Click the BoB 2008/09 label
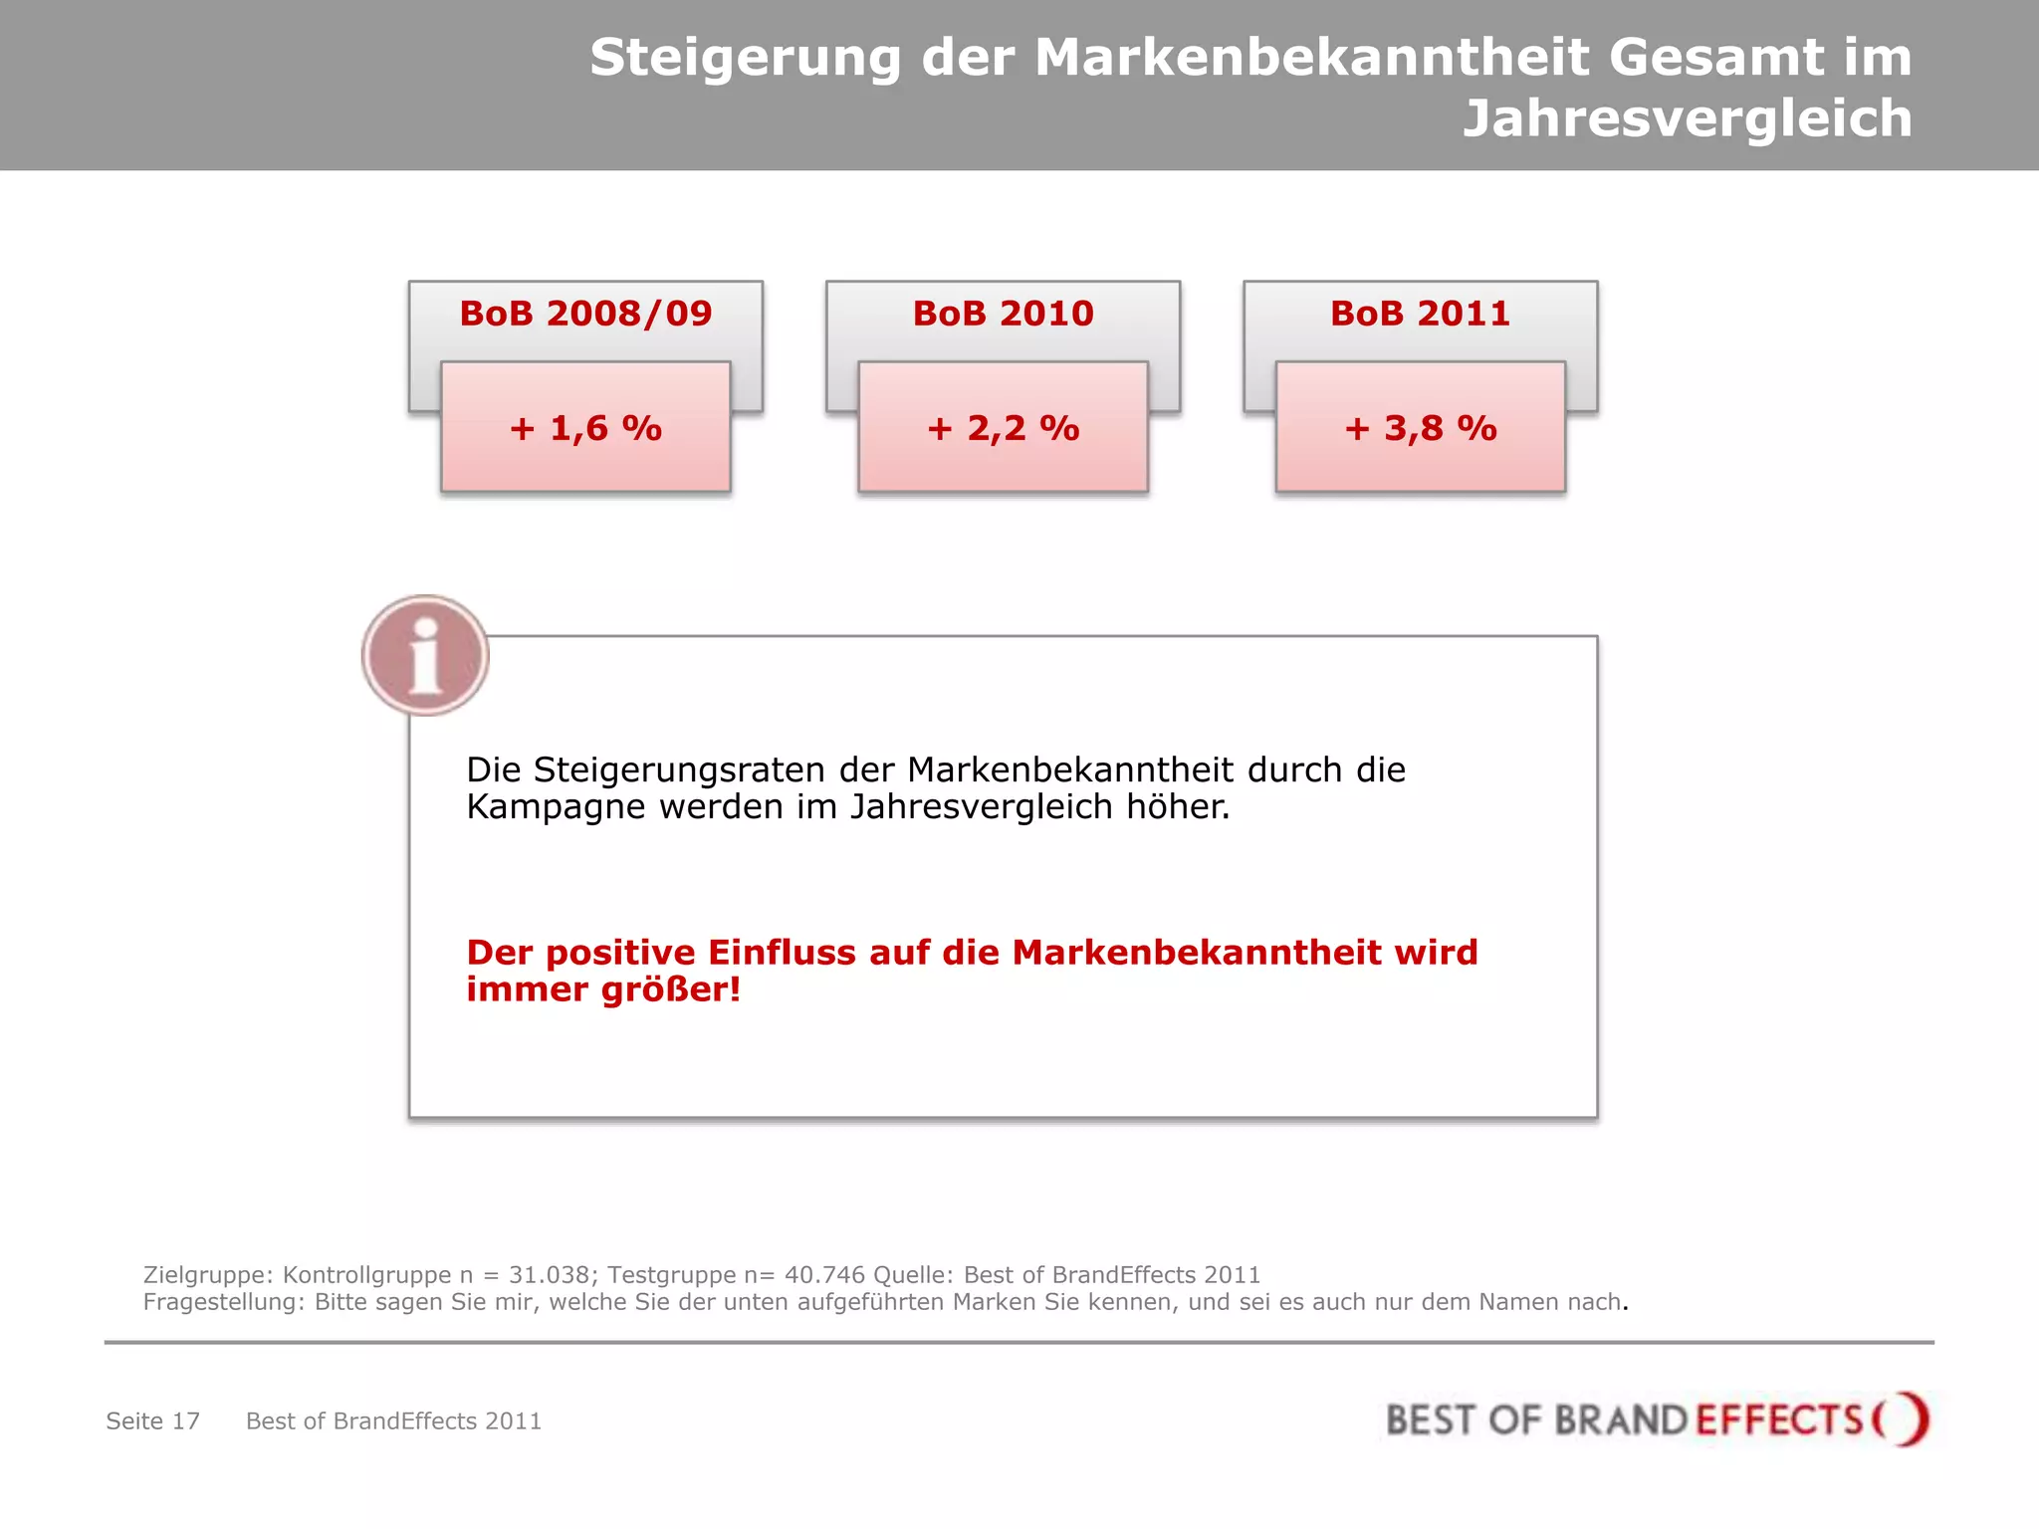(585, 314)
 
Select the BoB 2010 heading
(1003, 314)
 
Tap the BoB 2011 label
(1420, 314)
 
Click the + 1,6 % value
(585, 428)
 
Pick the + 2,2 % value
(1003, 428)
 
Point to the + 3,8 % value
(1420, 428)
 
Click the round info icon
(425, 655)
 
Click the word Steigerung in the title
(745, 58)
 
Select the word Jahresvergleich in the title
(1688, 119)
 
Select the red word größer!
(672, 989)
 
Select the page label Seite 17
(153, 1420)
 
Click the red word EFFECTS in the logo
(1778, 1420)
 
